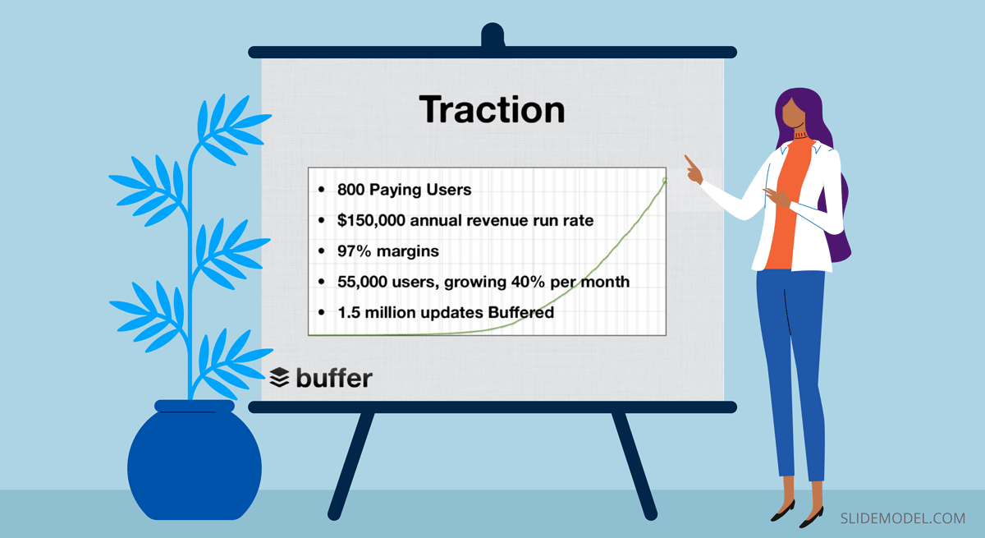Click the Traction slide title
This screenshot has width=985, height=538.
[492, 109]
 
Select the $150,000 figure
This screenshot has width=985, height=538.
[371, 220]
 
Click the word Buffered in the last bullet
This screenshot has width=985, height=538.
[520, 312]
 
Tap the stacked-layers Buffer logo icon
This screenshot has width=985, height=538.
[279, 378]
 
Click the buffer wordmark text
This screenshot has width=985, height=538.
[334, 378]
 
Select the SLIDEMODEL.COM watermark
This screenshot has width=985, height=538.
[903, 518]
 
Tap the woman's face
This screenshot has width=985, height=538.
[794, 113]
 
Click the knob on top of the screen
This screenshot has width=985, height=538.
[492, 34]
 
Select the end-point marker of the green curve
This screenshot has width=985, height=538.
[664, 181]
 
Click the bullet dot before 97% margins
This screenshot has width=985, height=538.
[322, 251]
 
